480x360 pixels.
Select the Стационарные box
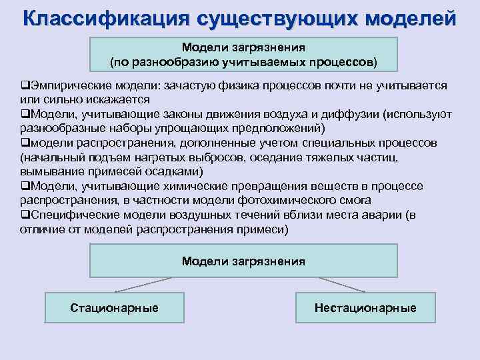[x=114, y=307]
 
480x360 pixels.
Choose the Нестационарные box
[x=365, y=307]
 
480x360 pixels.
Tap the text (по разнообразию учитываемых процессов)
[x=243, y=62]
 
